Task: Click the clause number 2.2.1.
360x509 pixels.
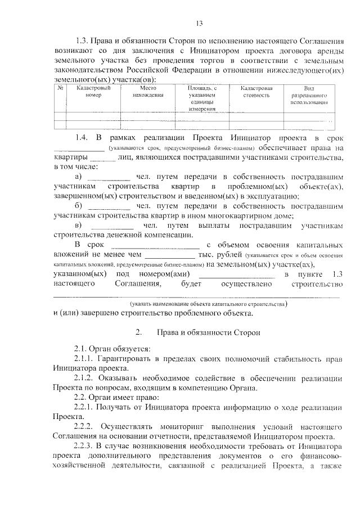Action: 85,407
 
